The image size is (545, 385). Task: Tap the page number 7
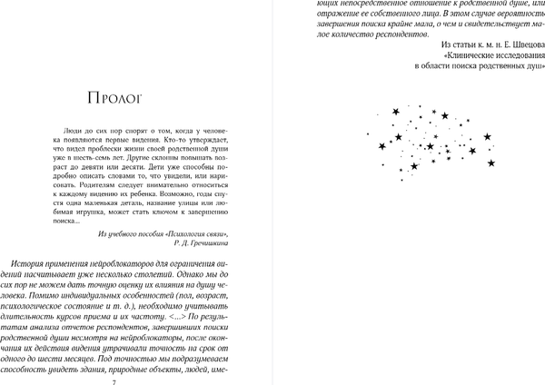[112, 380]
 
